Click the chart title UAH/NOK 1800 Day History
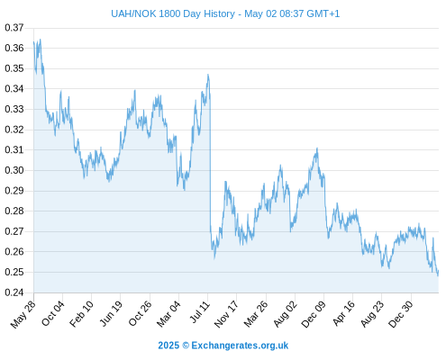coord(173,13)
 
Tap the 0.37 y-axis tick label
coord(14,28)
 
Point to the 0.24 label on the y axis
coord(14,292)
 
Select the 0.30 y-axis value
coord(14,170)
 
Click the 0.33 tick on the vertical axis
coord(14,109)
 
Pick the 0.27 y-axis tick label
coord(14,231)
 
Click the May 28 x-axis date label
coord(23,314)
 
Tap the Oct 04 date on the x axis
coord(53,313)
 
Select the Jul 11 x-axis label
coord(200,312)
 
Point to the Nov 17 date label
coord(226,314)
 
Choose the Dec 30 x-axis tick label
coord(401,314)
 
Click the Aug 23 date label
coord(372,314)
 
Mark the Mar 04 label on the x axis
coord(168,314)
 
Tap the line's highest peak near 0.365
coord(41,40)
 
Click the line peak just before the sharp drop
coord(208,75)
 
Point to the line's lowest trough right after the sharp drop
coord(214,258)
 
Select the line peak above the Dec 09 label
coord(317,148)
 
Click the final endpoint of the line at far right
coord(438,271)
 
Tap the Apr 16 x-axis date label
coord(344,313)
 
